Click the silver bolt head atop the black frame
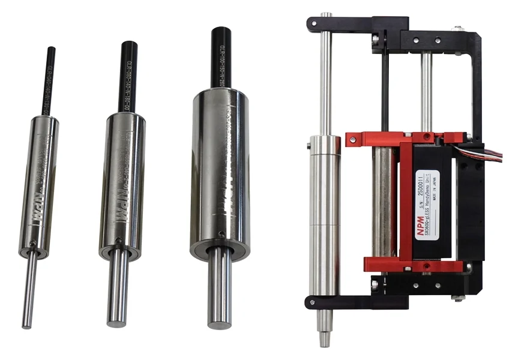coord(459,27)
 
